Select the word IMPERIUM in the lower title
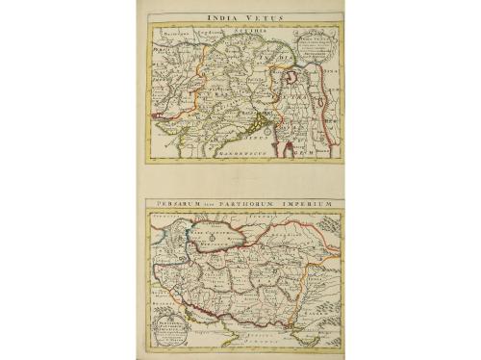(x=314, y=205)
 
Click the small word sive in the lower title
(x=217, y=205)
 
